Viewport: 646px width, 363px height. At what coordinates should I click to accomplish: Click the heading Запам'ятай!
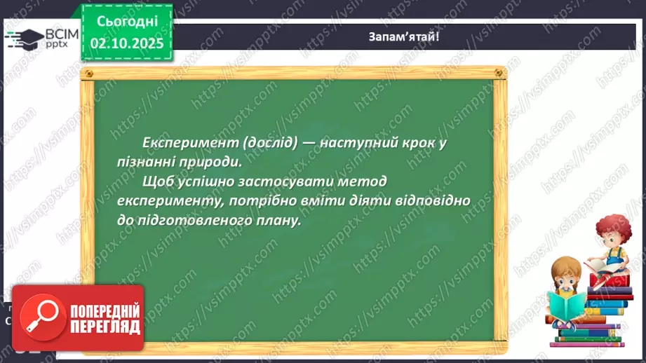click(x=404, y=36)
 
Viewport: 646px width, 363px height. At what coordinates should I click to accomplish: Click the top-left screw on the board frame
click(x=88, y=72)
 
